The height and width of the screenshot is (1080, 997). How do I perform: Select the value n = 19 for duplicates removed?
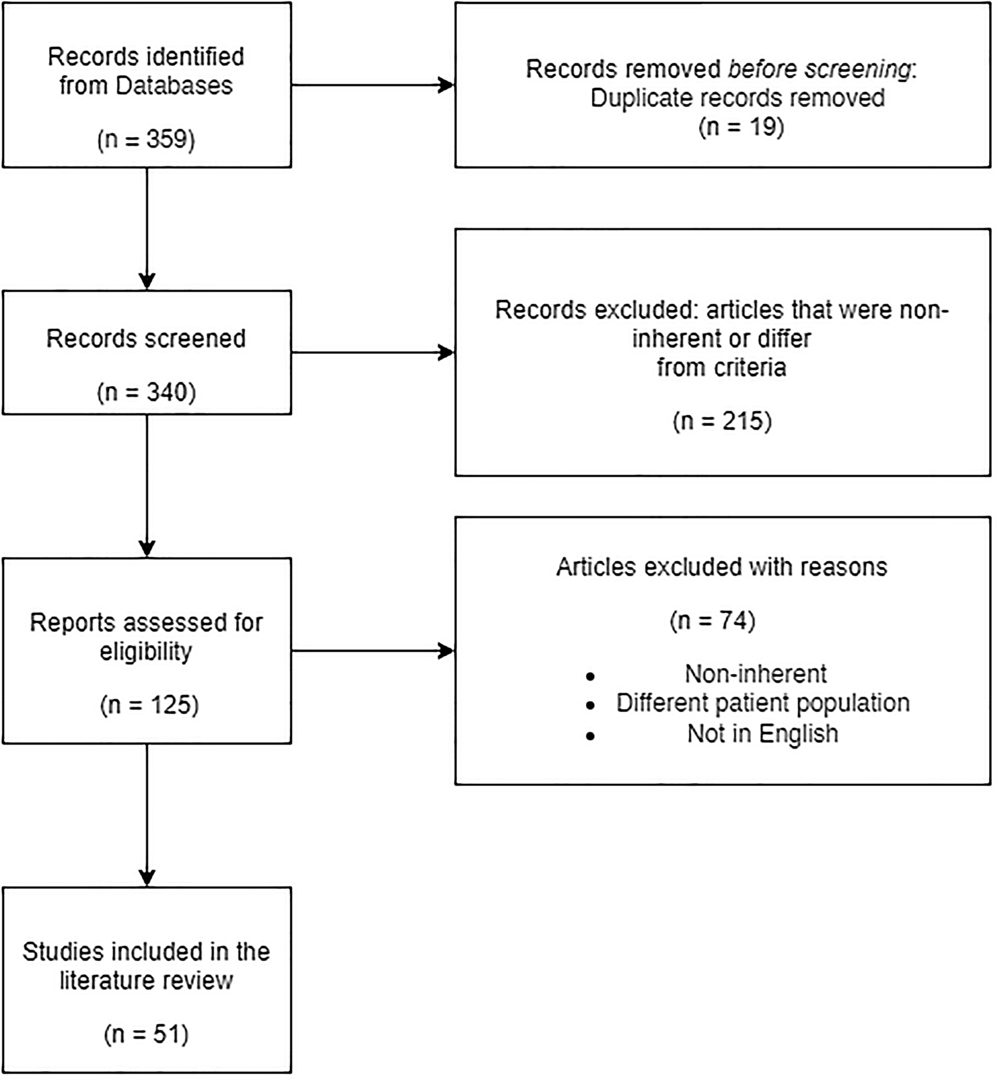pos(741,126)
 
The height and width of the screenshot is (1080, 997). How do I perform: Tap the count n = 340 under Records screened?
pos(146,392)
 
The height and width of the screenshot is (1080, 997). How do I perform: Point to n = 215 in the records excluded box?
pos(722,421)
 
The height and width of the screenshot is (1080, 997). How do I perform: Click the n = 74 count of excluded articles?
pos(712,621)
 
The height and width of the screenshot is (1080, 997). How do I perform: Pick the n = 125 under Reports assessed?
pos(149,705)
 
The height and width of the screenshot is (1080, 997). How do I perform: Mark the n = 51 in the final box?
pos(146,1034)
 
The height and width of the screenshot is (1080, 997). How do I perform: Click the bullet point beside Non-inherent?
pos(590,676)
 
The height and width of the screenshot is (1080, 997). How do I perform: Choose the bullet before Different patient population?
pos(590,705)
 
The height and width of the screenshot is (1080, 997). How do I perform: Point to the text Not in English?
pos(762,733)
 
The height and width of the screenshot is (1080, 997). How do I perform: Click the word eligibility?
pos(146,651)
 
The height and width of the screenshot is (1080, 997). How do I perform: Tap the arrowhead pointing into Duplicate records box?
pos(446,85)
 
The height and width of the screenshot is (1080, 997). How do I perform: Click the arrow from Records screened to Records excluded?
pos(372,353)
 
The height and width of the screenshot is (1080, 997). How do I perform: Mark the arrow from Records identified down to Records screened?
pos(147,226)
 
